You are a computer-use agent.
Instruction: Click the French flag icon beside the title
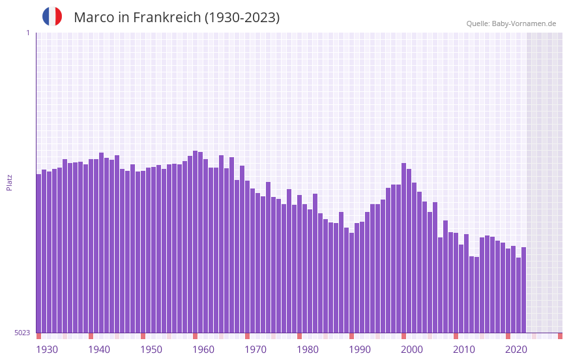[x=52, y=16]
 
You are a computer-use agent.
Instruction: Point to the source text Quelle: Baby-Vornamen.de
[x=511, y=23]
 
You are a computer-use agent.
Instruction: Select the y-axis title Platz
[x=9, y=182]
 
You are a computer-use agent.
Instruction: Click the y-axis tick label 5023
[x=22, y=333]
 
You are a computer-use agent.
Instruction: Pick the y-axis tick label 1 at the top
[x=27, y=33]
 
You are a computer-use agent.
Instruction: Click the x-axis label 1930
[x=47, y=350]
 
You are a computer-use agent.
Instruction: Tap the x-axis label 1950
[x=151, y=350]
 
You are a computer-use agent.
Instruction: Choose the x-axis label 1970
[x=255, y=350]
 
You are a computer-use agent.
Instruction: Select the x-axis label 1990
[x=360, y=350]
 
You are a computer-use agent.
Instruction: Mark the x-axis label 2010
[x=464, y=350]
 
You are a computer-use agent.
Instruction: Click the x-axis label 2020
[x=516, y=350]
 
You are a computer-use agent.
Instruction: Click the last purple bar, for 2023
[x=523, y=290]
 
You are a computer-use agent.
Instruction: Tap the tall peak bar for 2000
[x=403, y=248]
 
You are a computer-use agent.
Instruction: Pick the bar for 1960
[x=195, y=241]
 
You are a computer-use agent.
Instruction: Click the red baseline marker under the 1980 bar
[x=299, y=336]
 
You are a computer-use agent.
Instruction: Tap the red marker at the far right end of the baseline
[x=560, y=336]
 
